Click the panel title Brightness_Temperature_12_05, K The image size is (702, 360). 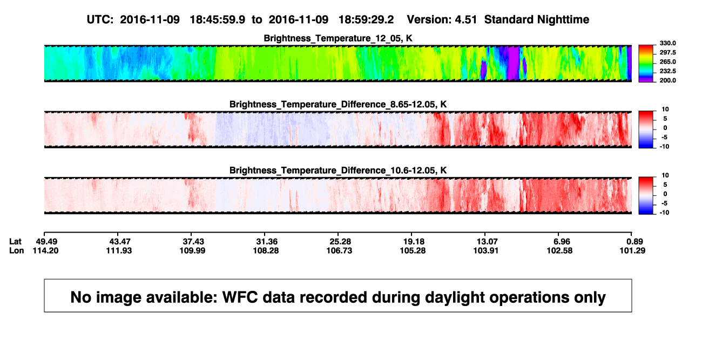(338, 38)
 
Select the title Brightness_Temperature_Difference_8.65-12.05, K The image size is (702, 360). (338, 105)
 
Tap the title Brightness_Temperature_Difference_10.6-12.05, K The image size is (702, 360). (338, 171)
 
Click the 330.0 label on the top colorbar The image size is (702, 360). (667, 43)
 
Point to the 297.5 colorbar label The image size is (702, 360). (667, 53)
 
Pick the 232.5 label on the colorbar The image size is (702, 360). (667, 71)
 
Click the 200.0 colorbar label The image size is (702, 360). (667, 80)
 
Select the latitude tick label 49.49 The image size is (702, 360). (46, 242)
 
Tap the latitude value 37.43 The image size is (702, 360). (193, 242)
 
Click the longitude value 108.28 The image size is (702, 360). (266, 250)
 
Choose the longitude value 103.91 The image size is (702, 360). (486, 250)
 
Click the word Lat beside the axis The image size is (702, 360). (15, 242)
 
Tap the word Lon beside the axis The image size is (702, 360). (17, 250)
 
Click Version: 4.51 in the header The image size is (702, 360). (442, 20)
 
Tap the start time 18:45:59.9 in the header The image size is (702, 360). (218, 20)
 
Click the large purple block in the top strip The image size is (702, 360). (514, 63)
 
